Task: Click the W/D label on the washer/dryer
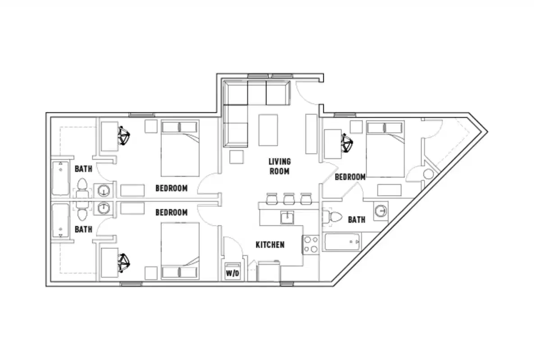232,273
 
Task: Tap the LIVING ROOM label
280,166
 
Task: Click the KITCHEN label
270,245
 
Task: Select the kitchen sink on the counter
287,217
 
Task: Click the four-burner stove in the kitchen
311,244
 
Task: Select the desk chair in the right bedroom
347,143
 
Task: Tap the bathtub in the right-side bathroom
342,243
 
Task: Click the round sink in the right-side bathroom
382,211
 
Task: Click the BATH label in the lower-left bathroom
83,229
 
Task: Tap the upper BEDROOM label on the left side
171,188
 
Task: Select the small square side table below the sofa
236,157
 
